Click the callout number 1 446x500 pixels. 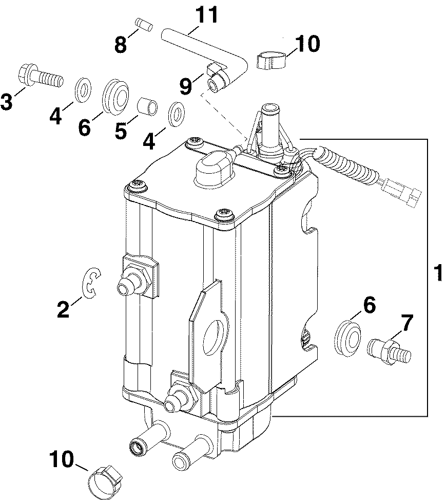(x=438, y=273)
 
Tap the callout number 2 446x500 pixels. (x=63, y=309)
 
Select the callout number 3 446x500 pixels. (x=7, y=101)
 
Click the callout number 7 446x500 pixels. (x=406, y=323)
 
